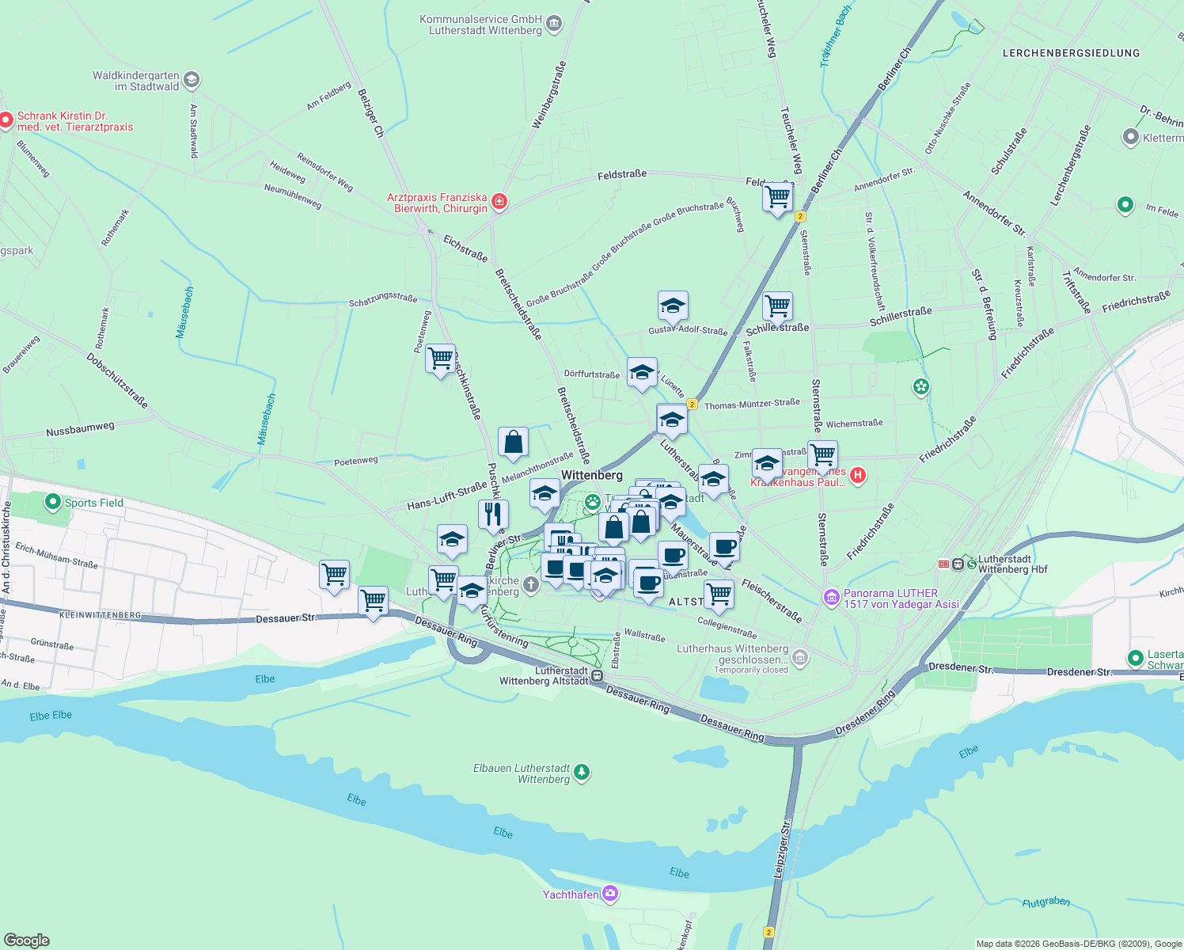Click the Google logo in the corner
pos(27,940)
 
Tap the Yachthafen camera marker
pos(609,894)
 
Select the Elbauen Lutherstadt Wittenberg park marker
pos(582,772)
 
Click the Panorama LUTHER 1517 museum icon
pos(831,598)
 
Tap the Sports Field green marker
pos(53,502)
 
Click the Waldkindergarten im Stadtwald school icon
pos(191,80)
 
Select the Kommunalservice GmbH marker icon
pos(554,24)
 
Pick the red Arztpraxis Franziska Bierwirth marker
pos(499,202)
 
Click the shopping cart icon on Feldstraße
pos(777,196)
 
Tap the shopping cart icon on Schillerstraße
pos(777,306)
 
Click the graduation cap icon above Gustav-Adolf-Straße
pos(672,306)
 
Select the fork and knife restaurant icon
pos(493,515)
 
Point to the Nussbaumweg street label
pos(80,429)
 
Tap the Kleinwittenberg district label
pos(100,614)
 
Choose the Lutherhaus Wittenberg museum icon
pos(800,657)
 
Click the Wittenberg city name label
pos(591,475)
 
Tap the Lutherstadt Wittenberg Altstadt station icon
pos(597,676)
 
